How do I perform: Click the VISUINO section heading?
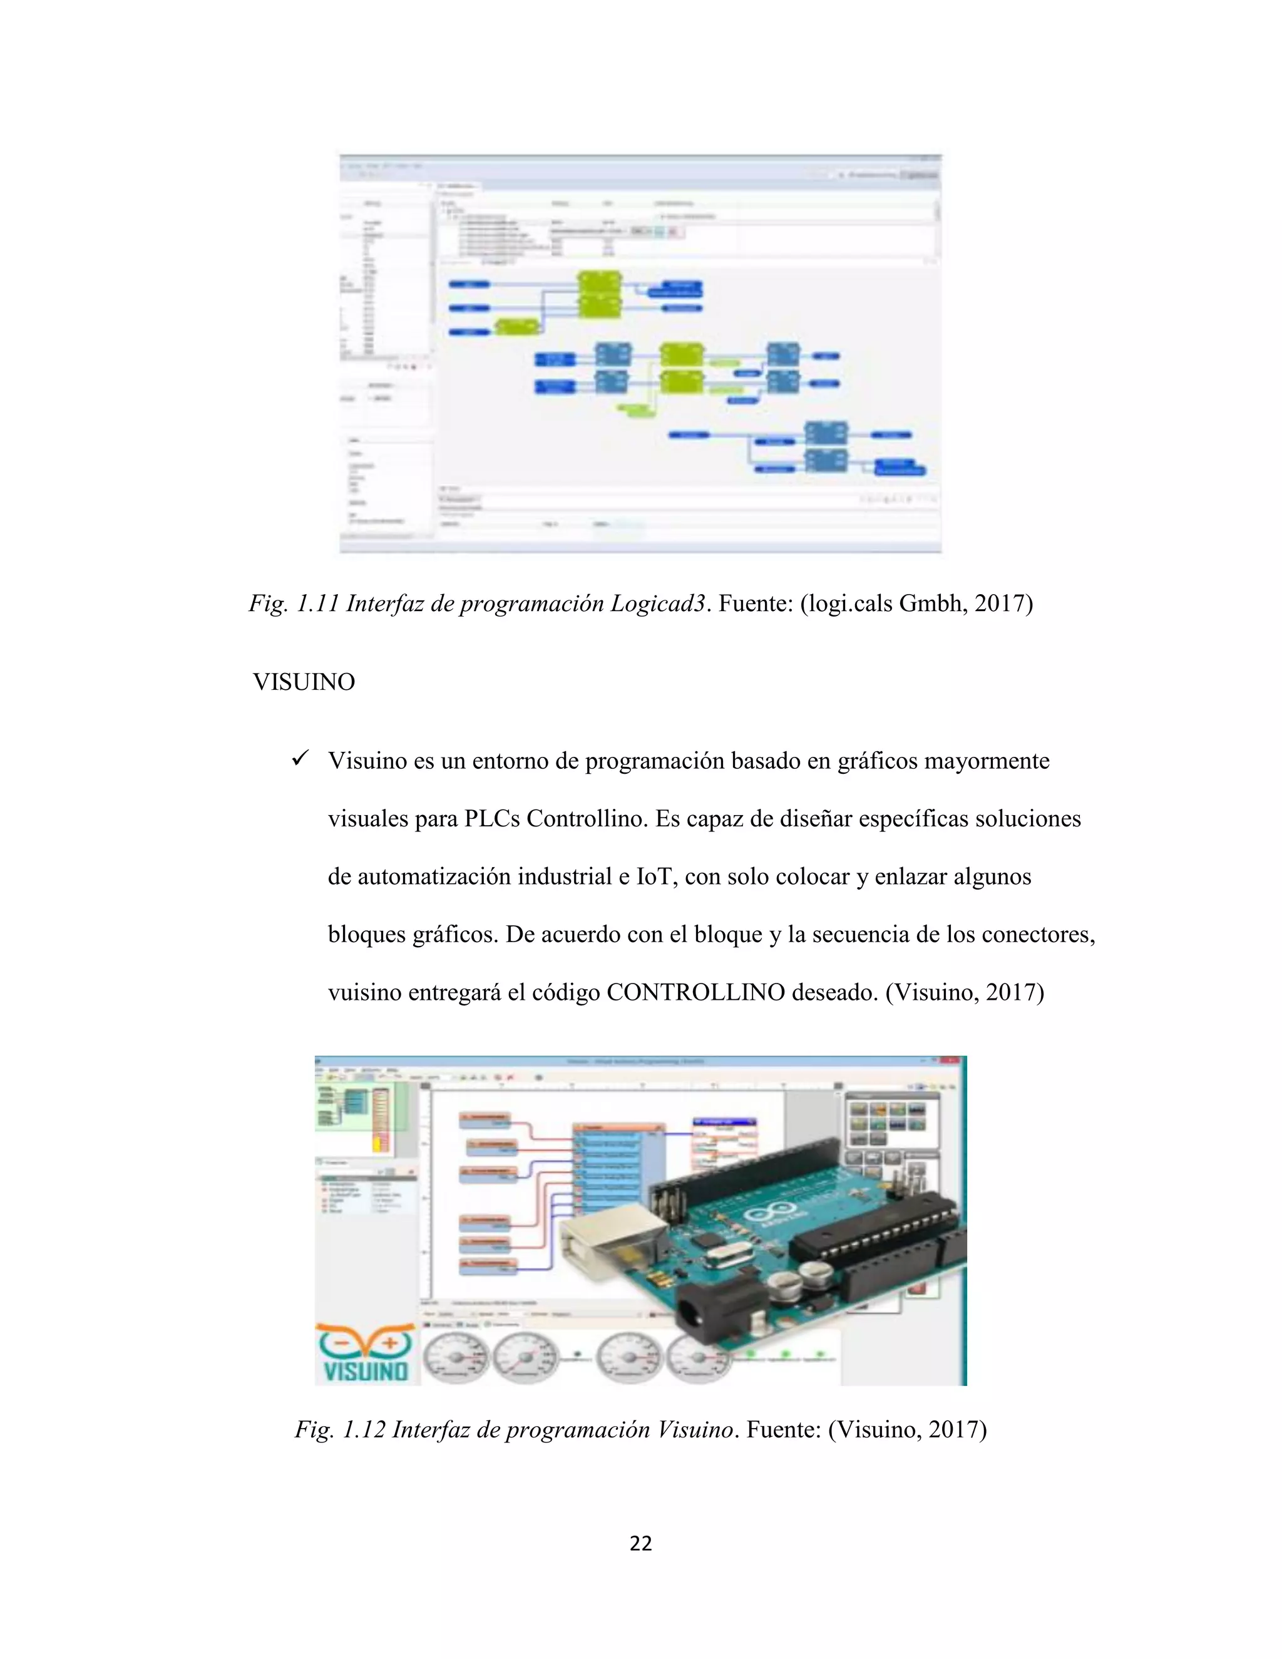point(304,682)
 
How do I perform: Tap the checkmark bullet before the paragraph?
point(299,759)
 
